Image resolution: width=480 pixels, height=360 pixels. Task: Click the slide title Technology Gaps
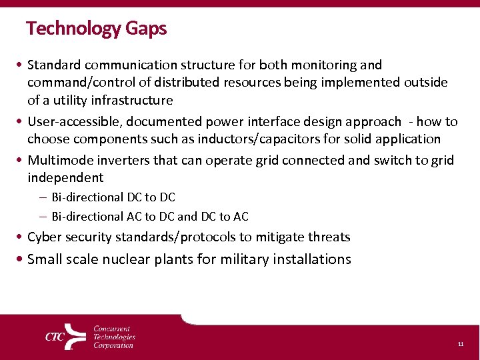(x=97, y=29)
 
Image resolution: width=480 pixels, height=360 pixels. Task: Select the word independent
(x=65, y=177)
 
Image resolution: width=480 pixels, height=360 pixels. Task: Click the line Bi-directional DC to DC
(x=113, y=197)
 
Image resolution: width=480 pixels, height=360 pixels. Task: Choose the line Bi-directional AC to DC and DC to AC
(x=150, y=216)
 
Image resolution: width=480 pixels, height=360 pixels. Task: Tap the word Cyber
(x=43, y=237)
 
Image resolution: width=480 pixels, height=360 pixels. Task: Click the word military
(x=247, y=259)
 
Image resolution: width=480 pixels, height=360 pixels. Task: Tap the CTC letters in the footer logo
(x=55, y=337)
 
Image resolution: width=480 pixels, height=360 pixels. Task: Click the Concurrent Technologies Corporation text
(x=113, y=337)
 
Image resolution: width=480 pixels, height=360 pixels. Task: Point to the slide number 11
(x=460, y=344)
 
